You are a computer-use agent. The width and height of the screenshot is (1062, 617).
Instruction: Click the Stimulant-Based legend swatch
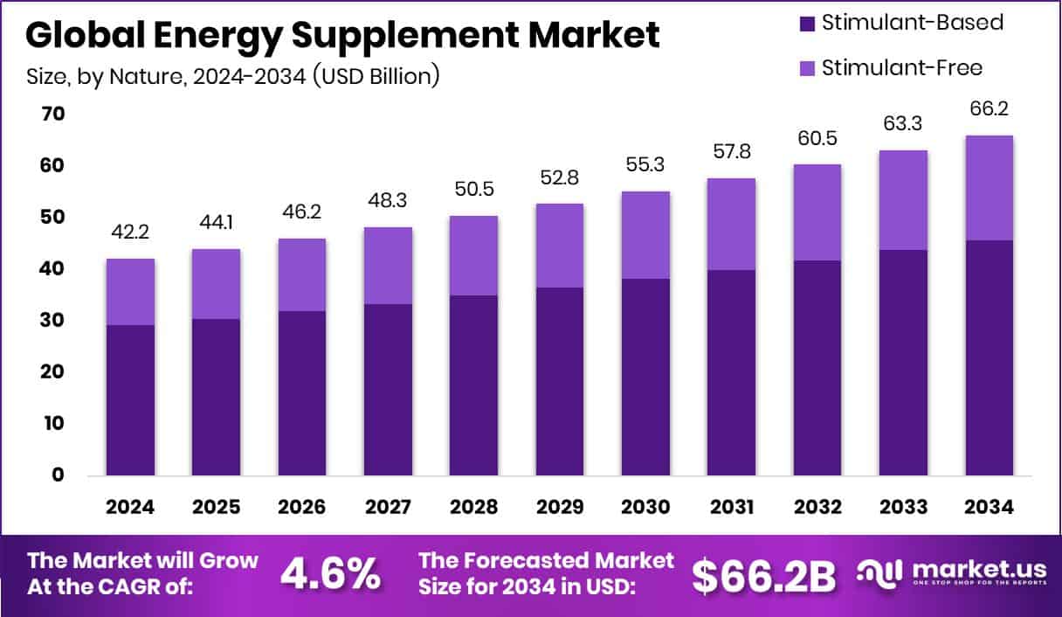click(807, 24)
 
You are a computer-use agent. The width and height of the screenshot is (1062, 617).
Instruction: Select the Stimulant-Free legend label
click(901, 67)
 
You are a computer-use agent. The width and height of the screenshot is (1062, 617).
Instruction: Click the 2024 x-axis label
click(130, 508)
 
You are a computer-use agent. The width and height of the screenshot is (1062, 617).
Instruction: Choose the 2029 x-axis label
click(559, 508)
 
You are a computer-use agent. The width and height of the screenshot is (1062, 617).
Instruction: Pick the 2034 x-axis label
click(989, 508)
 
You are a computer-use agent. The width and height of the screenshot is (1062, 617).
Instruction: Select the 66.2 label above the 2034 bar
click(989, 110)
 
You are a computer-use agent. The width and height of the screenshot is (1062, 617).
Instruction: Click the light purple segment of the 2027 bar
click(388, 265)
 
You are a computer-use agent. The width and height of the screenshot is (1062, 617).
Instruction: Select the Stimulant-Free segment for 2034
click(989, 187)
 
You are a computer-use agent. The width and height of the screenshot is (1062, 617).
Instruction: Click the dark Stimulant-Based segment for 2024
click(131, 399)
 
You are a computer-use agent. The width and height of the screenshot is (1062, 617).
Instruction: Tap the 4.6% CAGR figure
click(330, 574)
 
